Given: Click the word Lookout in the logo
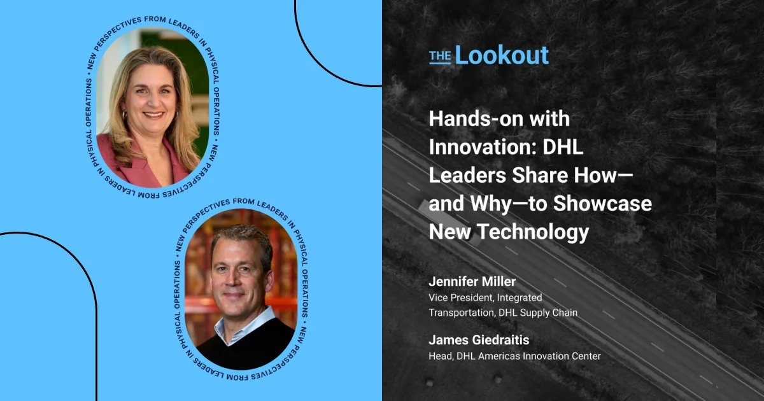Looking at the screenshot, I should click(x=502, y=55).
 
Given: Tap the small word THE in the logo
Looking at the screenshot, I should click(x=440, y=57).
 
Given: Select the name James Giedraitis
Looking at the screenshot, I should click(x=479, y=340).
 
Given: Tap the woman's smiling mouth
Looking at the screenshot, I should click(x=153, y=115).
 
